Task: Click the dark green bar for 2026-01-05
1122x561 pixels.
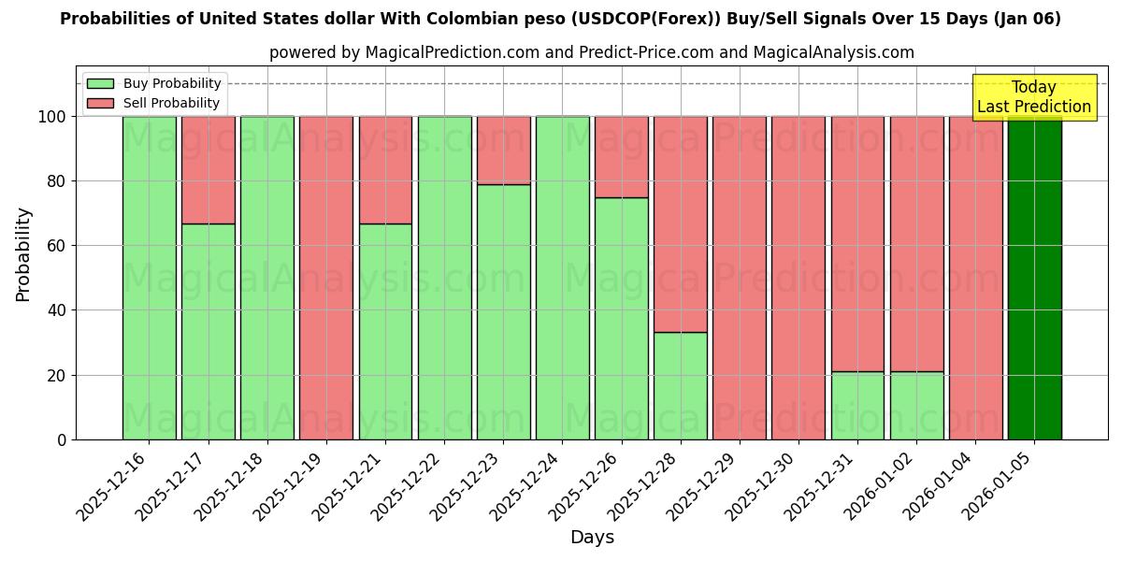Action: coord(1034,278)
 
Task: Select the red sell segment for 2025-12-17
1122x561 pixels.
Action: coord(208,170)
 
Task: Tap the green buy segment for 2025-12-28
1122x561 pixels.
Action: coord(681,385)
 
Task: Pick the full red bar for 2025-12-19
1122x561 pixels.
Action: coord(326,278)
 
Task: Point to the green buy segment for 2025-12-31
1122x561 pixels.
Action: coord(857,405)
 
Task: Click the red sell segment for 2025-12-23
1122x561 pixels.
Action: coord(503,150)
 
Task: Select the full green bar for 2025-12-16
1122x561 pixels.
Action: coord(149,278)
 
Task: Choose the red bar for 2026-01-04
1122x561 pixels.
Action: coord(975,278)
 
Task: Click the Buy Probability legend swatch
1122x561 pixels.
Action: coord(100,83)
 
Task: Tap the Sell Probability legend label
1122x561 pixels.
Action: coord(171,103)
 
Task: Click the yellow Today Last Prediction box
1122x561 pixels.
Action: coord(1033,97)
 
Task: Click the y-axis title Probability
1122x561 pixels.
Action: coord(23,254)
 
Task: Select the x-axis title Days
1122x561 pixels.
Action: coord(592,538)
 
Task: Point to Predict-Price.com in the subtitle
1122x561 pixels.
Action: coord(646,52)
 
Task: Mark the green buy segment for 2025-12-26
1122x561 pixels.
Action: coord(622,318)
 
